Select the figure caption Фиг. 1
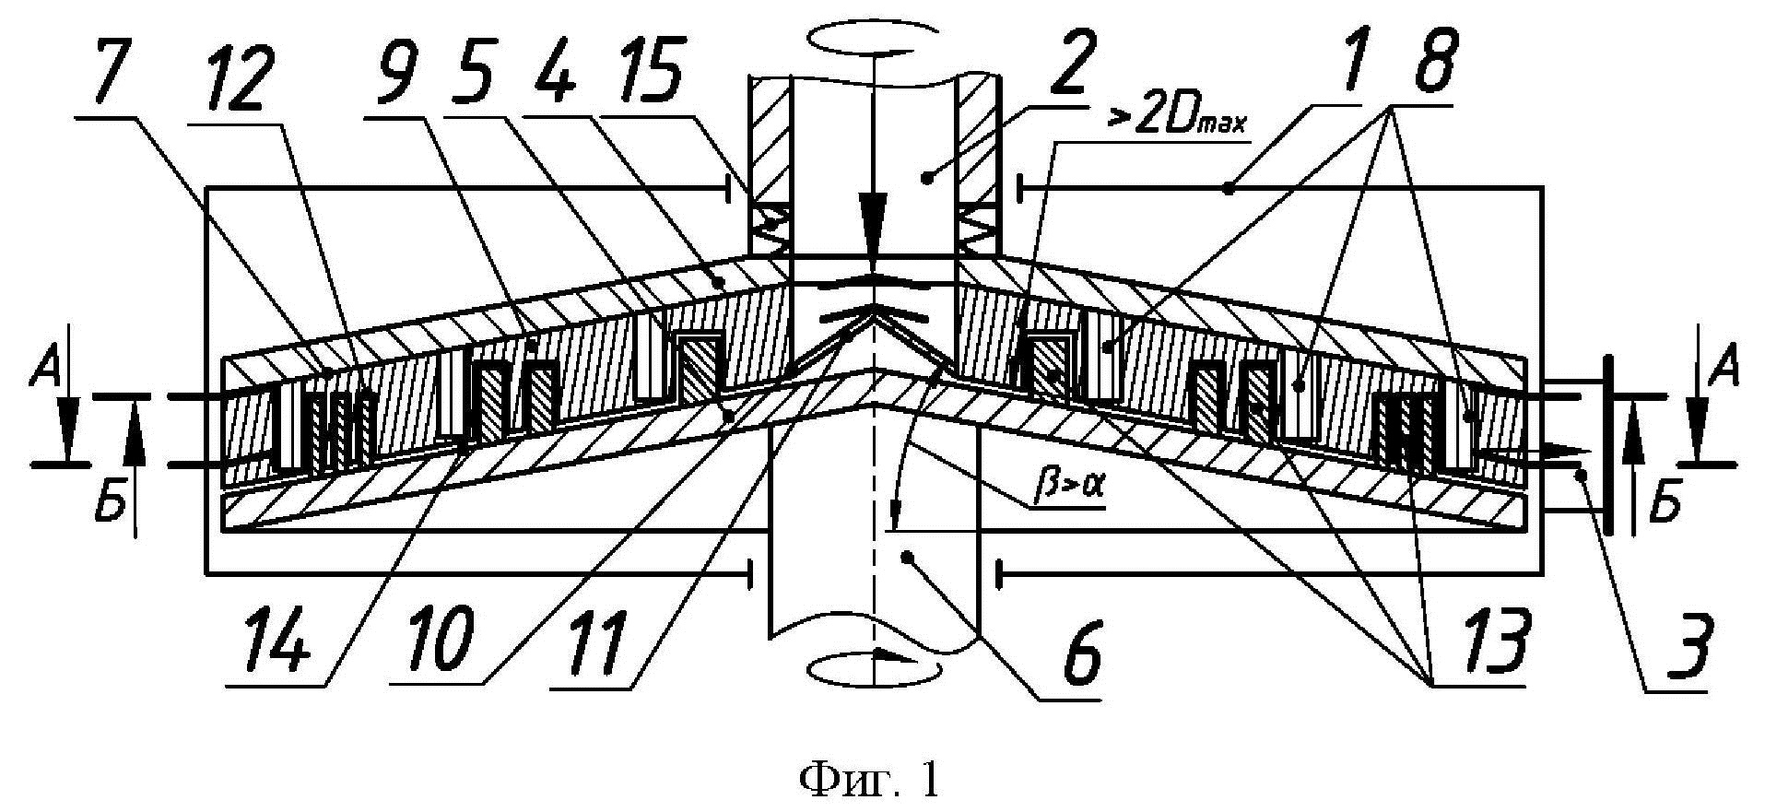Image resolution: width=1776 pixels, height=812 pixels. click(x=868, y=781)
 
